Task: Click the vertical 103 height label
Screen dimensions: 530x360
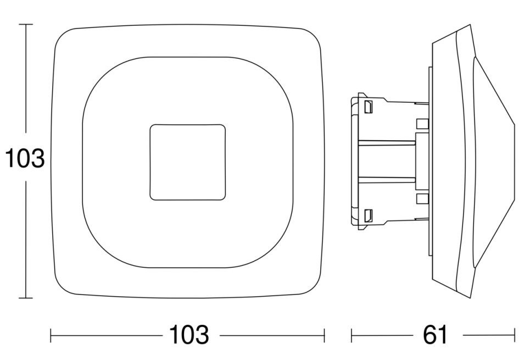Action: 25,158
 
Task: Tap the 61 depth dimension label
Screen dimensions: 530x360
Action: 434,334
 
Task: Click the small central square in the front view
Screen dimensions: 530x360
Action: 188,162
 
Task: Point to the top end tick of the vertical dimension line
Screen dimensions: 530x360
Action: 26,24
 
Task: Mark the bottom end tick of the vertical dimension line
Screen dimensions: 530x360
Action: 26,298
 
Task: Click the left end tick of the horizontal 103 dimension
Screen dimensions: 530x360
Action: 51,336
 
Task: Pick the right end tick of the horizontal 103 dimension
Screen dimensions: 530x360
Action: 325,336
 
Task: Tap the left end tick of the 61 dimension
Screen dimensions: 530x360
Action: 352,336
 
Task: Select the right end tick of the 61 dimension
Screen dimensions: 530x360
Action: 515,336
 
